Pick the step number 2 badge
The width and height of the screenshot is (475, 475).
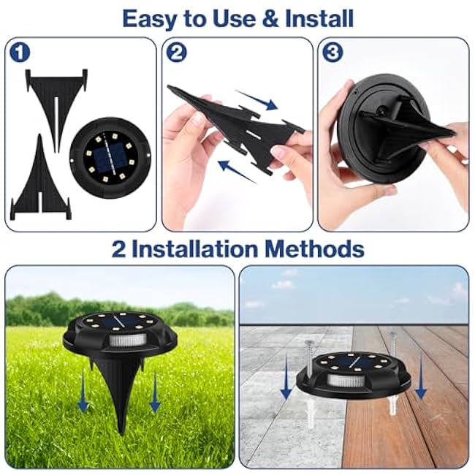177,53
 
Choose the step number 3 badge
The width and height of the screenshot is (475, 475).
332,53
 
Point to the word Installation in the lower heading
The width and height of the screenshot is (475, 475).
196,248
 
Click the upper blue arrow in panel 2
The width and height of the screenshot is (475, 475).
257,100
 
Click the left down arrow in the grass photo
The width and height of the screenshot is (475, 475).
83,395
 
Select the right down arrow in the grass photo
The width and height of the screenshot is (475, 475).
155,395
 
